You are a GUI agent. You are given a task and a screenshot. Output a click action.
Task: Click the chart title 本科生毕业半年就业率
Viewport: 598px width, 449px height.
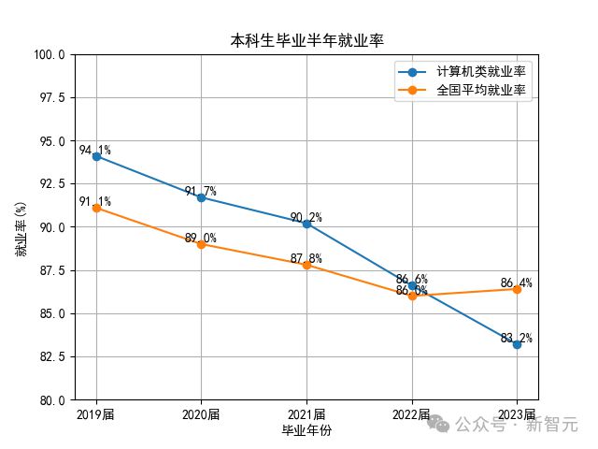click(306, 40)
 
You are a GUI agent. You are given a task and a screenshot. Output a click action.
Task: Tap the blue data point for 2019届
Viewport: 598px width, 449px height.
click(96, 156)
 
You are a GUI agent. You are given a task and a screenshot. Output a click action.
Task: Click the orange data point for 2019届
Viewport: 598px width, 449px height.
click(96, 208)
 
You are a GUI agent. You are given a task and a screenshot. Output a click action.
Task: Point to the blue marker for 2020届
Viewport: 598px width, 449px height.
click(201, 197)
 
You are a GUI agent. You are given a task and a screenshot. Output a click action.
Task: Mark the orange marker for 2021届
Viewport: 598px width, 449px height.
click(306, 265)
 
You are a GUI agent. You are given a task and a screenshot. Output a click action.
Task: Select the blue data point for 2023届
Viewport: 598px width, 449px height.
click(517, 344)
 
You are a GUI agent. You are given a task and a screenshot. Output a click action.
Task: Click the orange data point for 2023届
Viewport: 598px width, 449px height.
click(517, 289)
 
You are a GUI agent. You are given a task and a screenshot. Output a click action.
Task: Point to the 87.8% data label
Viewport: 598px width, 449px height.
click(306, 258)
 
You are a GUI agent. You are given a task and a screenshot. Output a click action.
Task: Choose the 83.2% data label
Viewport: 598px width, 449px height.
click(516, 338)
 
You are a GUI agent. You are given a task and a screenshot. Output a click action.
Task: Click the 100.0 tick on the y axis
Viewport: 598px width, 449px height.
click(50, 55)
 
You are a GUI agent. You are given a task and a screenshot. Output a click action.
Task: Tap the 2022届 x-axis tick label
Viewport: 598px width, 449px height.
click(411, 414)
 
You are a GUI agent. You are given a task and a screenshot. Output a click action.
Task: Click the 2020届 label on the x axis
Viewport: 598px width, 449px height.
click(201, 414)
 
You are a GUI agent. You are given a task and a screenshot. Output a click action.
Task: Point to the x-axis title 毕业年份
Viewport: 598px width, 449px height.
click(306, 430)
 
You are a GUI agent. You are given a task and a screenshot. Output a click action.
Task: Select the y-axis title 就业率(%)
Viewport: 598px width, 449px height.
click(21, 227)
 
